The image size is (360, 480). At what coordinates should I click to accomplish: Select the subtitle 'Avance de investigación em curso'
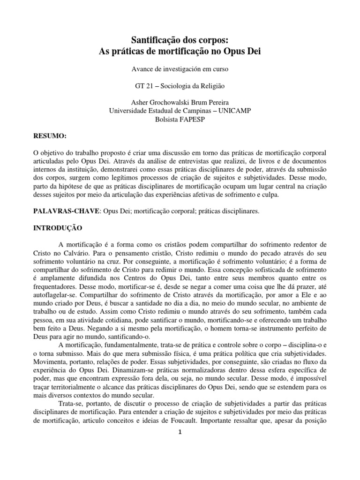tap(180, 69)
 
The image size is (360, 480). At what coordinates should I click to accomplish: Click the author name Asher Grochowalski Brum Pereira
tap(180, 103)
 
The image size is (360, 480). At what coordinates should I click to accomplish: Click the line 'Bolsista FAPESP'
tap(180, 119)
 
